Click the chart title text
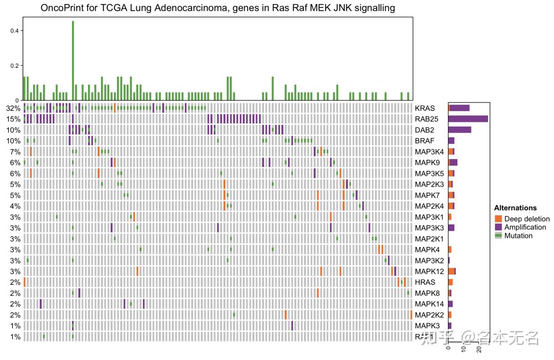218,8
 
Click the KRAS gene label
424,108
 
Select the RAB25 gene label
426,119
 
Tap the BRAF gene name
424,141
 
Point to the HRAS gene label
424,282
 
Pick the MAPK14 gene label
428,304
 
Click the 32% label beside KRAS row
13,108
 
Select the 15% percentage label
13,119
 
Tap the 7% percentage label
15,152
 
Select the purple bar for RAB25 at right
468,119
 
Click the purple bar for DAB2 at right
460,130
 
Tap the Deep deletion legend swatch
499,219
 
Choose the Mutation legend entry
518,236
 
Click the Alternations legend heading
515,208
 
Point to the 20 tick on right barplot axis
478,348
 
